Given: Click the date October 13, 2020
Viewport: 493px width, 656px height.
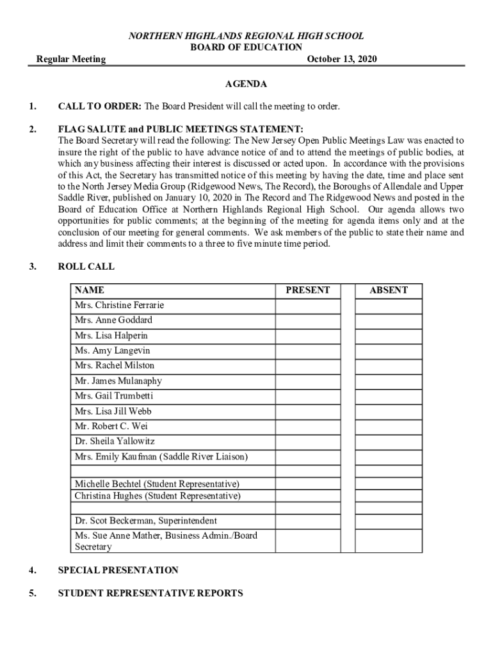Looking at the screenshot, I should pyautogui.click(x=342, y=60).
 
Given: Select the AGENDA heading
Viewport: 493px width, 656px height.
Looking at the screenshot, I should pyautogui.click(x=246, y=84).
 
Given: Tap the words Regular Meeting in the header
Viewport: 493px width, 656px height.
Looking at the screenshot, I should pyautogui.click(x=70, y=60).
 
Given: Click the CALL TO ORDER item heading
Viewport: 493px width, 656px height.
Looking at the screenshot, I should pyautogui.click(x=99, y=106).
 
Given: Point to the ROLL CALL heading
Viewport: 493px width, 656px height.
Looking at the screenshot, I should pyautogui.click(x=86, y=266).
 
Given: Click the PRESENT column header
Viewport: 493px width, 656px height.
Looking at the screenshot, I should pyautogui.click(x=307, y=290).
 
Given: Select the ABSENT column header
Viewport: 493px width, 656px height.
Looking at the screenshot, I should pyautogui.click(x=388, y=290).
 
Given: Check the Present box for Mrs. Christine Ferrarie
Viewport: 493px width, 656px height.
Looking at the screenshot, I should pyautogui.click(x=307, y=306).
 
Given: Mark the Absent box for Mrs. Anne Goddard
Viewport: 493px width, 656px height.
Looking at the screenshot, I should pyautogui.click(x=388, y=320).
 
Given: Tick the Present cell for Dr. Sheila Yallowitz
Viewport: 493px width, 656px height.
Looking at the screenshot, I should pyautogui.click(x=307, y=441).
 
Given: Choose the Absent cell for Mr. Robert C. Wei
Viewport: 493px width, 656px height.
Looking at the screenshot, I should pyautogui.click(x=388, y=426).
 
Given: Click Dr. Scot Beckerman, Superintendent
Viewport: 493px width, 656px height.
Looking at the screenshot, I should pyautogui.click(x=145, y=521).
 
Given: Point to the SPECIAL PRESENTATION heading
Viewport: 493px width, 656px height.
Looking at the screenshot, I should pyautogui.click(x=118, y=570).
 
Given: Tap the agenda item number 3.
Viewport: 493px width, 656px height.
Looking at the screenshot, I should pyautogui.click(x=32, y=266).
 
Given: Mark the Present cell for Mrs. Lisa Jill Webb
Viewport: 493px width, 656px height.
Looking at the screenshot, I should pyautogui.click(x=307, y=411).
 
